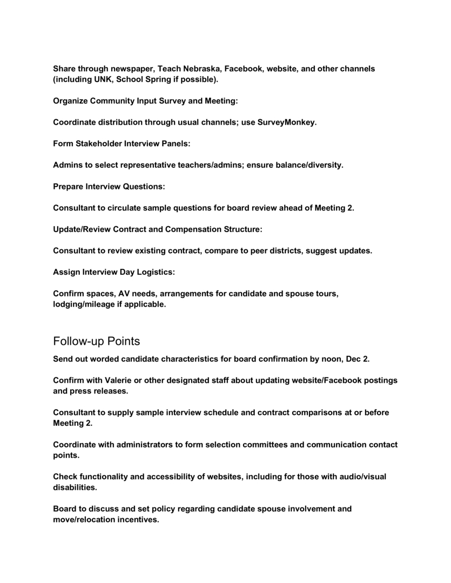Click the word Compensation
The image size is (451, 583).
tap(193, 229)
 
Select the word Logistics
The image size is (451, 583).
tap(154, 272)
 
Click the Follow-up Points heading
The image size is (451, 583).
tap(97, 341)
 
